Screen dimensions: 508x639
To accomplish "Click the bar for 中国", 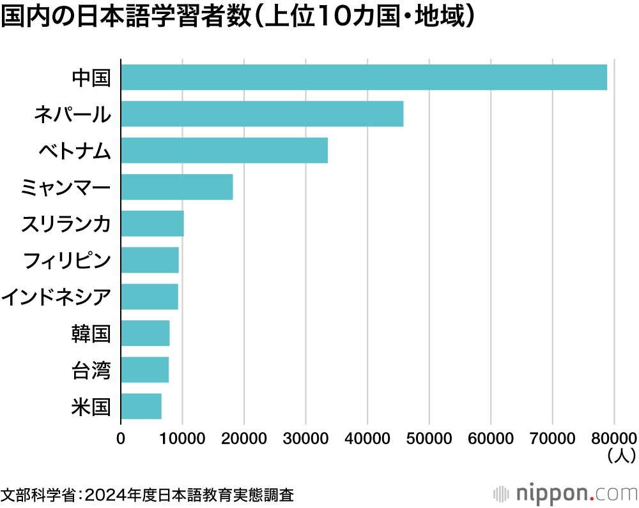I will click(364, 77).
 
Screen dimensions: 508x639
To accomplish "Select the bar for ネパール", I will click(262, 114).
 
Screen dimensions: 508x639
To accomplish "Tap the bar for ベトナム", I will click(224, 151).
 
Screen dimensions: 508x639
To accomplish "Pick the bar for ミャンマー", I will click(176, 187).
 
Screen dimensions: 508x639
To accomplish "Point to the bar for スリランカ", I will click(152, 223).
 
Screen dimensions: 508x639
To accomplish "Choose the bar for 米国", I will click(141, 407).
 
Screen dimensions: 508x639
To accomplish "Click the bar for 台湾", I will click(144, 370).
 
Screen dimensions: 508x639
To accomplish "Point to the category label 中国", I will click(91, 78).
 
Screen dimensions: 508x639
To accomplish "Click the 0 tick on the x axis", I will click(121, 438).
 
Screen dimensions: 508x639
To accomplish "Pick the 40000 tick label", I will click(367, 438).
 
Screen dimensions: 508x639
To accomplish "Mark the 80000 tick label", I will click(614, 438).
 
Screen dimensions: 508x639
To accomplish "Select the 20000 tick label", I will click(244, 438).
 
